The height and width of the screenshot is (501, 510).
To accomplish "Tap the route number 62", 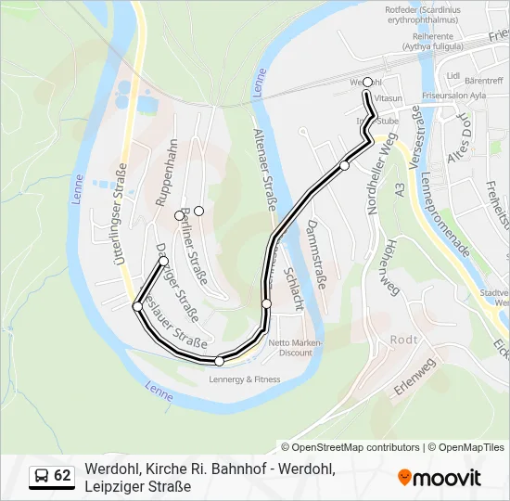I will coord(62,476).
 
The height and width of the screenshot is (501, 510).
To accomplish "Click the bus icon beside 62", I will coord(42,477).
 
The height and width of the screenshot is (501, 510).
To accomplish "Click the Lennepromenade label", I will coord(444,213).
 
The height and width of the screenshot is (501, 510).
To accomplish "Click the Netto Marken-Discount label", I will coord(289,348).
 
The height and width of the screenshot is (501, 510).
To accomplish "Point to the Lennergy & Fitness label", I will coord(245,379).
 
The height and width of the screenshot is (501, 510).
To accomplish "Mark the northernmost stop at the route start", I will coord(368,82).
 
